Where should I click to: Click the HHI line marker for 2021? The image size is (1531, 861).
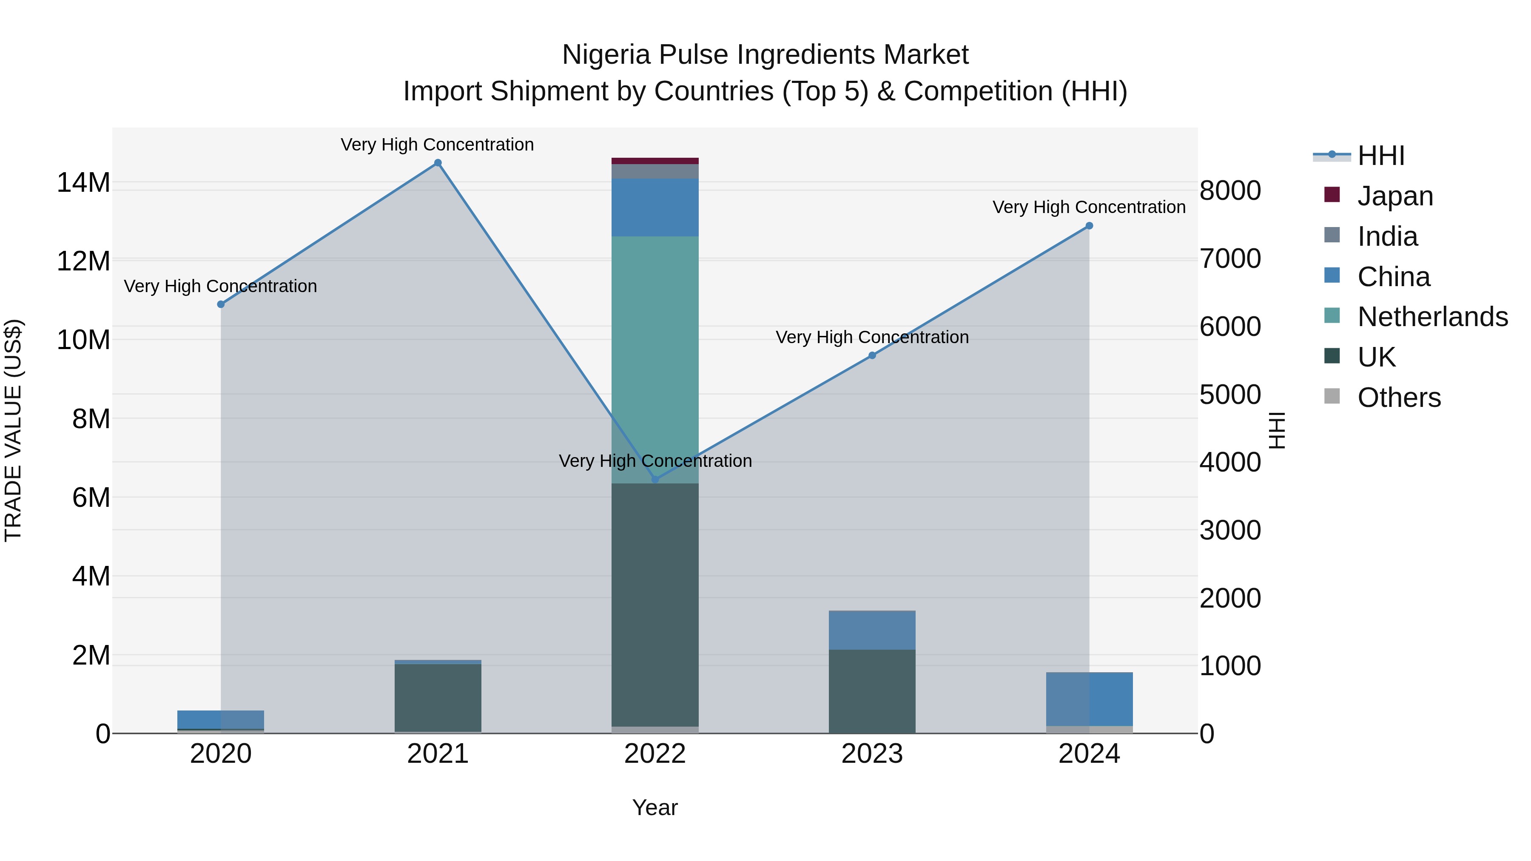click(x=438, y=163)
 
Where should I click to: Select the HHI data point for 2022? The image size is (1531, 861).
click(x=655, y=480)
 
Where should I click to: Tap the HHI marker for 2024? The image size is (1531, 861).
click(x=1089, y=226)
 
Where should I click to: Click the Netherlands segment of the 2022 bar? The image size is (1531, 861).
click(x=655, y=357)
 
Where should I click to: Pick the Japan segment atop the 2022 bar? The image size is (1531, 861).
click(x=655, y=160)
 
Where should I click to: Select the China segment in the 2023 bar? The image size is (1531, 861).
click(x=872, y=630)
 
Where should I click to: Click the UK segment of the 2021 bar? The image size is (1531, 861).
click(x=438, y=698)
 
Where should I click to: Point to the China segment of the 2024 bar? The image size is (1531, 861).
click(x=1089, y=699)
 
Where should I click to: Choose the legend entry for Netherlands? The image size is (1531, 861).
click(x=1432, y=317)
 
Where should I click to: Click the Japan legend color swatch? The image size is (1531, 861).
click(x=1332, y=195)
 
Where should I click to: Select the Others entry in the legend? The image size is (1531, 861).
click(x=1399, y=398)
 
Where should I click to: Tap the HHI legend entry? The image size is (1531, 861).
click(x=1380, y=156)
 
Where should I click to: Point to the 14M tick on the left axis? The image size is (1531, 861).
click(x=83, y=182)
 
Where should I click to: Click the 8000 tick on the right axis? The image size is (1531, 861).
click(x=1229, y=191)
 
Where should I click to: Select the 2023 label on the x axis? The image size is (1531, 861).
click(x=872, y=754)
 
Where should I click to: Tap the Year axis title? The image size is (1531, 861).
click(x=655, y=807)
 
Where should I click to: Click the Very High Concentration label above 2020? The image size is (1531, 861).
click(x=220, y=287)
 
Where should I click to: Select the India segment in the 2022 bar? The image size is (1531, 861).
click(x=655, y=171)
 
